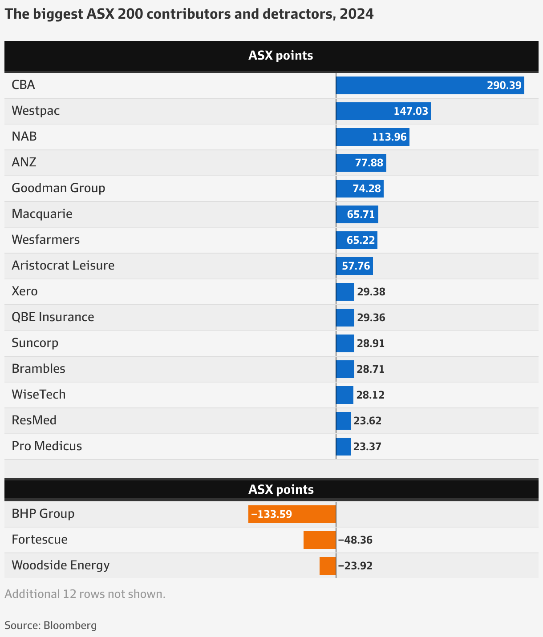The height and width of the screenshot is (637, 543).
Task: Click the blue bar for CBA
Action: point(430,85)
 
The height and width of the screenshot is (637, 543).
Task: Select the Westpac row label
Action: point(36,111)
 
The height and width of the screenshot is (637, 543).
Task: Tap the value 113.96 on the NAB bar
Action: point(389,137)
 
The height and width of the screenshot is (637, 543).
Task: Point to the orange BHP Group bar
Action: point(292,514)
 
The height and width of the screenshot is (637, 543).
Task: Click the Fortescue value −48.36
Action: point(355,540)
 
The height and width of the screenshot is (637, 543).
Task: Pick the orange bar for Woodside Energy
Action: point(328,566)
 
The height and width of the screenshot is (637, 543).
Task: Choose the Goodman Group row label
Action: point(58,188)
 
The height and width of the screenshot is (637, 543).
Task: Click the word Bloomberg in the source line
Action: point(70,625)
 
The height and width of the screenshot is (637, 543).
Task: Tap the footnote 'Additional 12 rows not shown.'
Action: point(85,594)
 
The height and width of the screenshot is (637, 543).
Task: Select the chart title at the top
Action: point(189,14)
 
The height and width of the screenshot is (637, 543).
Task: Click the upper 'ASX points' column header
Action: point(280,56)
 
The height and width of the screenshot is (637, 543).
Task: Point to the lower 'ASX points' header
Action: point(280,490)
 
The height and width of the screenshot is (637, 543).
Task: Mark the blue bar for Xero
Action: point(345,292)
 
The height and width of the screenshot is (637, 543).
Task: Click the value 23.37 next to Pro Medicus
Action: point(367,447)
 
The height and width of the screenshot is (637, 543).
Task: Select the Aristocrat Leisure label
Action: point(63,266)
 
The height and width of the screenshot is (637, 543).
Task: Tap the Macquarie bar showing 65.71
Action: point(357,214)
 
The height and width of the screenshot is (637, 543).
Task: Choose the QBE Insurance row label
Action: point(53,317)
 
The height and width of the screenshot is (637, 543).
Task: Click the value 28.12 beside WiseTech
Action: point(370,395)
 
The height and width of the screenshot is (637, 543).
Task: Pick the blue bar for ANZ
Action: point(361,163)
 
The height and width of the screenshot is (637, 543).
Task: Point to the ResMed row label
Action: point(34,420)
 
